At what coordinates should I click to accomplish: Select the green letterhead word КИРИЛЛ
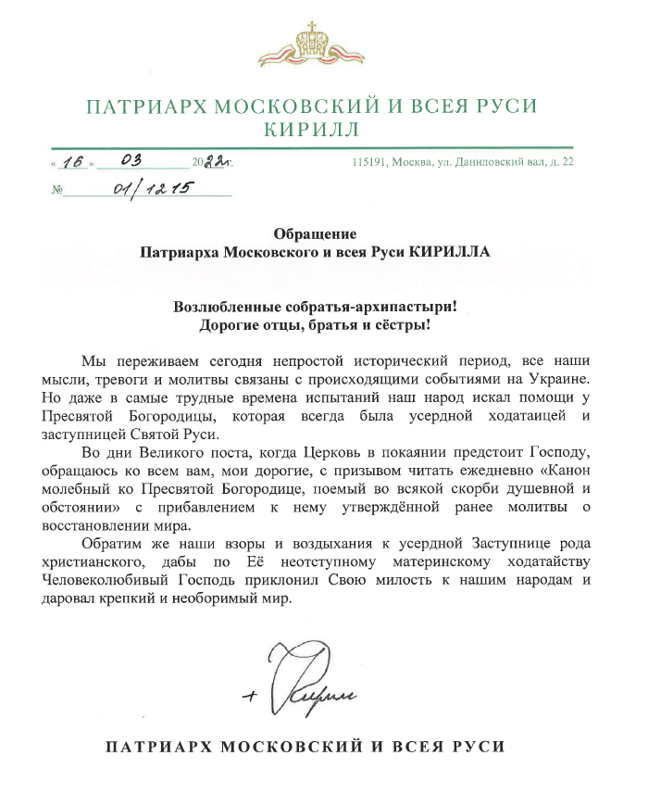click(323, 129)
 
